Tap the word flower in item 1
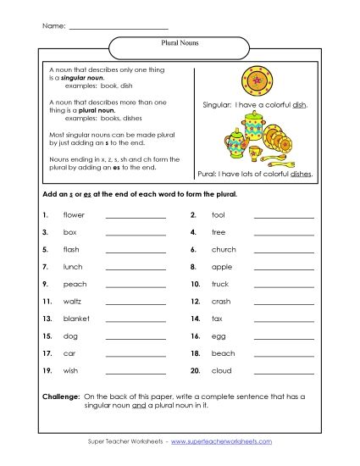click(x=75, y=215)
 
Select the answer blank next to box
click(x=136, y=232)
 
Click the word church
click(x=224, y=249)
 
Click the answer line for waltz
click(x=136, y=302)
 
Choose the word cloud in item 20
click(x=221, y=370)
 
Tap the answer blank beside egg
click(x=283, y=336)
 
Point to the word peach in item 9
click(x=75, y=284)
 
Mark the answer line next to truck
click(x=283, y=284)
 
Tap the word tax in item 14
click(x=217, y=319)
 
